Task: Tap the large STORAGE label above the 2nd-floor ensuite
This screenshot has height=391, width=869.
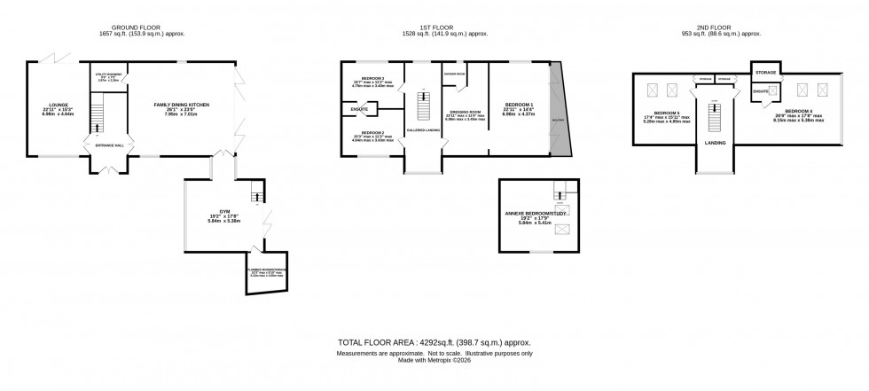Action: pyautogui.click(x=766, y=71)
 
